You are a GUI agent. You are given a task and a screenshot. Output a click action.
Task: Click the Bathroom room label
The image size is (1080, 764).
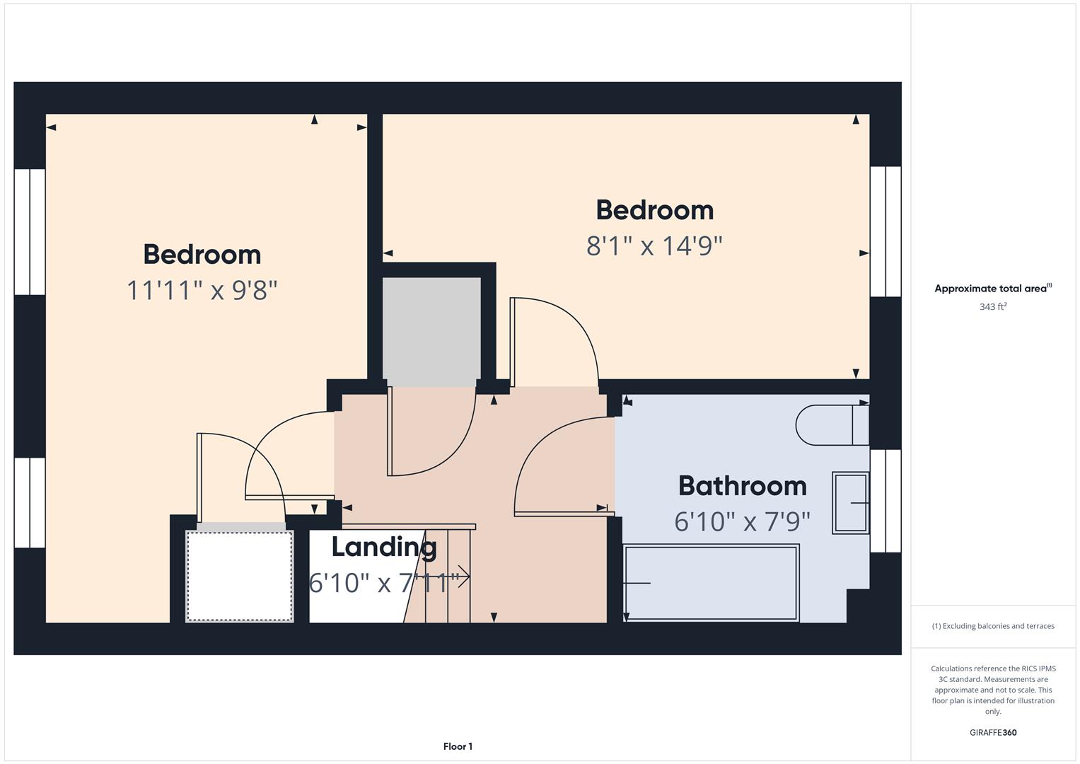pos(742,486)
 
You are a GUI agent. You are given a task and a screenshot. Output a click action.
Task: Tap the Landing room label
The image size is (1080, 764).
pos(384,547)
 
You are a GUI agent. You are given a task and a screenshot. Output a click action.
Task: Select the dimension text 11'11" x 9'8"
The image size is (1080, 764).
pos(202,290)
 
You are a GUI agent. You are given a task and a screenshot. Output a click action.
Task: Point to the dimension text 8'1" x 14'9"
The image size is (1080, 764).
pos(654,246)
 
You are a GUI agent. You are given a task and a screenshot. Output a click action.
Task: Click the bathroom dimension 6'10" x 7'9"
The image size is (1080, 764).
pos(742,522)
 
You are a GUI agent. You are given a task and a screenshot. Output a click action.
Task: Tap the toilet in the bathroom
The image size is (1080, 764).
pos(831,424)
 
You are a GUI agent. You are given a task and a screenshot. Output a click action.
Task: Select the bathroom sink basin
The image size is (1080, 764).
pos(850,503)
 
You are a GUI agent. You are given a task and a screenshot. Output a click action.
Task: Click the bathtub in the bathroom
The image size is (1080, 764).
pos(712,583)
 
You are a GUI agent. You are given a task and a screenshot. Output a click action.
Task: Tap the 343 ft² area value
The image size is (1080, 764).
pos(993,307)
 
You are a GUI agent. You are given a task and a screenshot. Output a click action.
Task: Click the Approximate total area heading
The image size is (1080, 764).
pos(993,289)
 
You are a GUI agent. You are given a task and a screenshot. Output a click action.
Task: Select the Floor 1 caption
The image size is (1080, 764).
pos(458,746)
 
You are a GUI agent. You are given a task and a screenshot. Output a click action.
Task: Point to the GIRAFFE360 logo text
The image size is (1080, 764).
pos(993,733)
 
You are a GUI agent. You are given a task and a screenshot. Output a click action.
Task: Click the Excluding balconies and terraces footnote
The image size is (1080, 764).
pos(993,626)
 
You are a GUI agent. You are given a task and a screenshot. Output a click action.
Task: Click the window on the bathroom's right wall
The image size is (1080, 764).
pos(885,501)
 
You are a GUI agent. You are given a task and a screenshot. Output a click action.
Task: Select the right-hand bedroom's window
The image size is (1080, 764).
pos(885,231)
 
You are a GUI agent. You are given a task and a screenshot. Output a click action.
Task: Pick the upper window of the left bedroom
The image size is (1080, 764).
pos(30,231)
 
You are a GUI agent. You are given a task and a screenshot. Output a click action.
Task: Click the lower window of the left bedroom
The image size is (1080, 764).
pos(30,502)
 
